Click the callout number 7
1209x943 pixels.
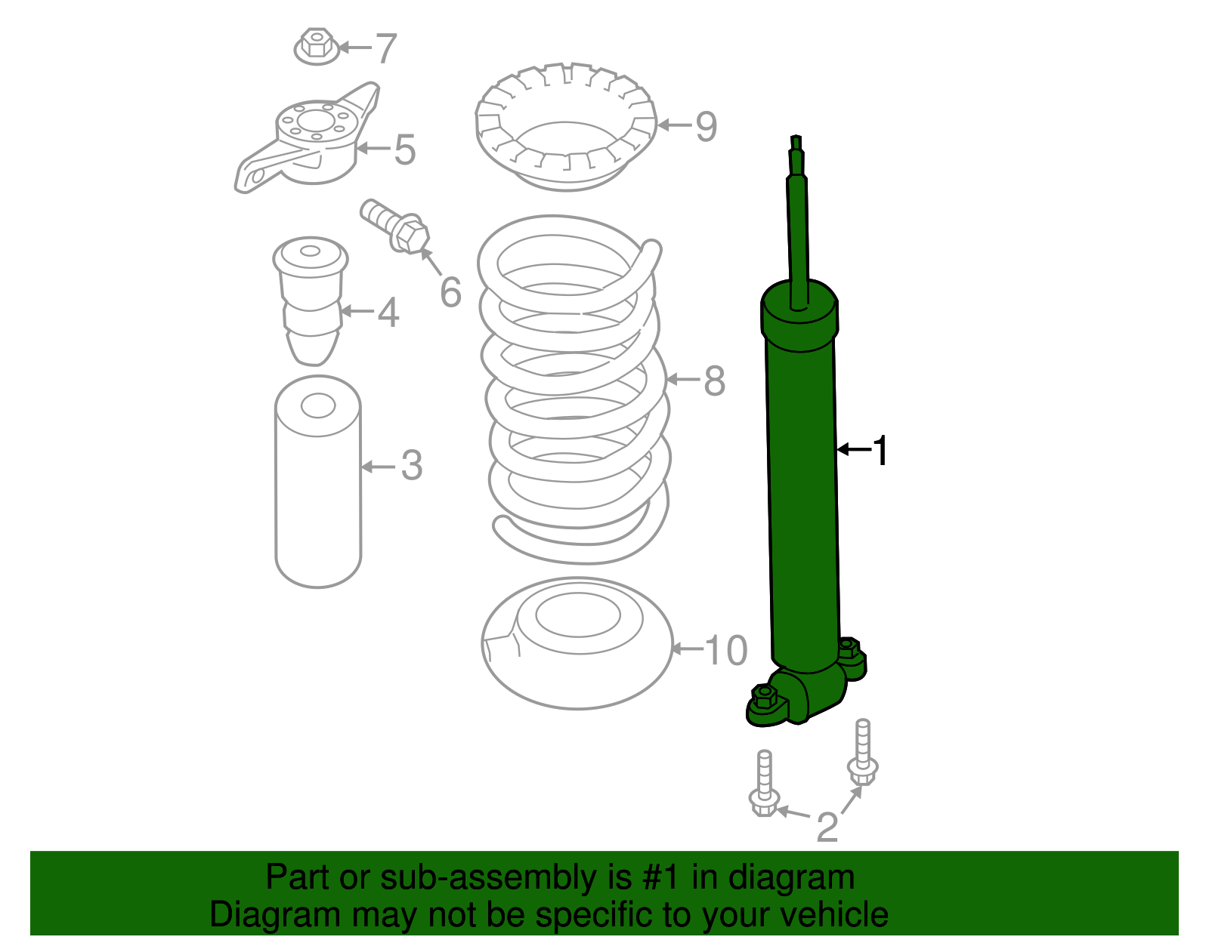[386, 48]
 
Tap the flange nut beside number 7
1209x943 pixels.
[317, 46]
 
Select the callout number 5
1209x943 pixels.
[405, 149]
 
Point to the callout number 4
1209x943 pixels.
[388, 312]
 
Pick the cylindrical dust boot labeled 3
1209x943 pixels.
[318, 483]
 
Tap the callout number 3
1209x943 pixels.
[411, 466]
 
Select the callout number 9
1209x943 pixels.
[706, 125]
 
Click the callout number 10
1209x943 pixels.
[725, 649]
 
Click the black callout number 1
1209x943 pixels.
[880, 450]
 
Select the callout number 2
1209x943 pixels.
[827, 827]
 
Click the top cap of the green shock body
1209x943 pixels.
[799, 306]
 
